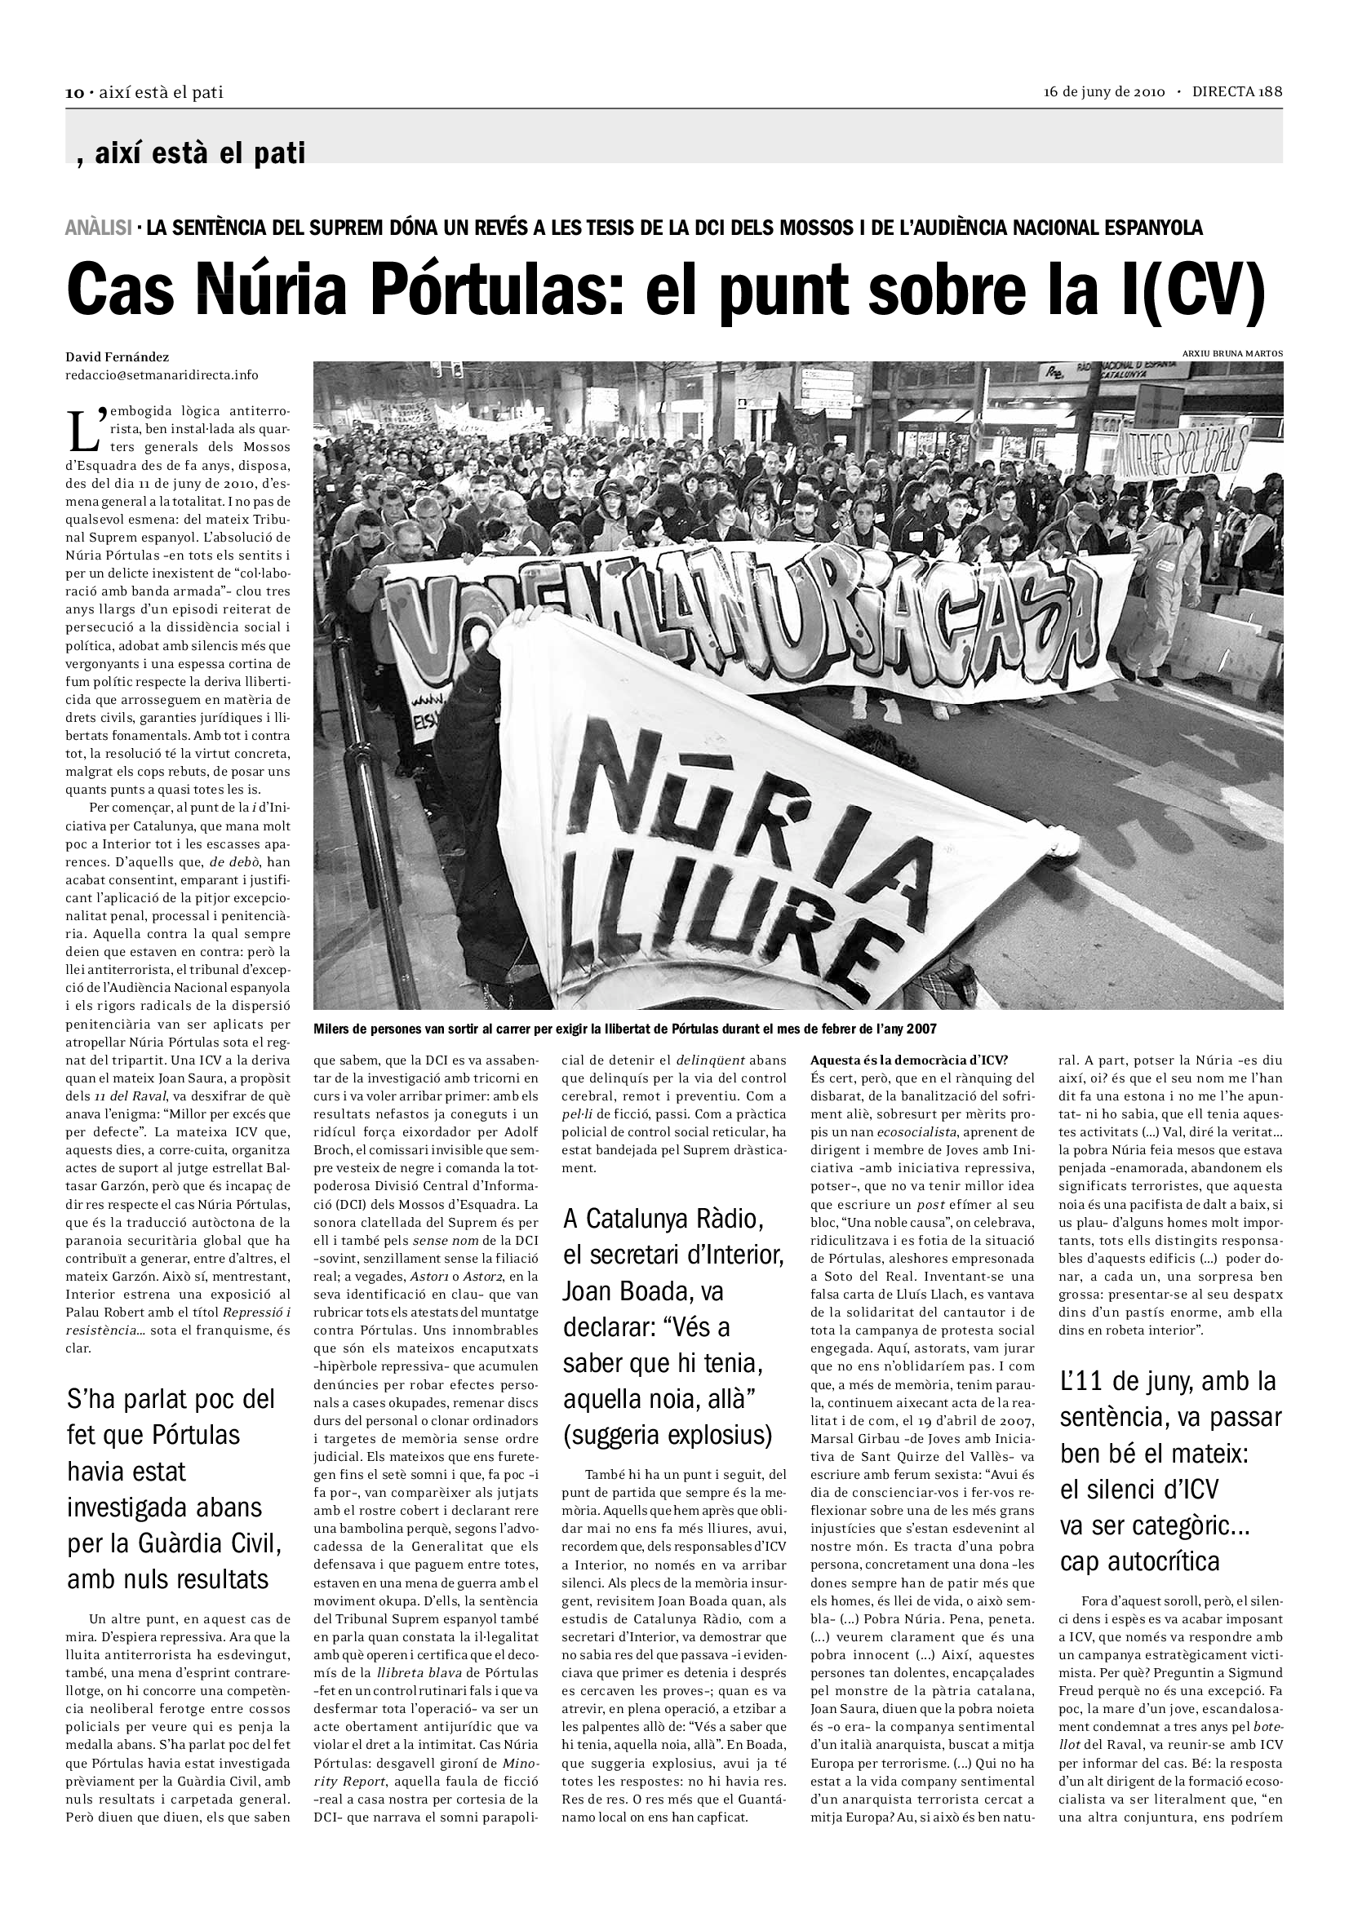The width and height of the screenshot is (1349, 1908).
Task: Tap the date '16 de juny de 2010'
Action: [1105, 92]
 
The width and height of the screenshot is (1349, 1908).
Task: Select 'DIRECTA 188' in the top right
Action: [1237, 92]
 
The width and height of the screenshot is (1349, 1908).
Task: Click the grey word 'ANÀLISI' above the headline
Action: [98, 228]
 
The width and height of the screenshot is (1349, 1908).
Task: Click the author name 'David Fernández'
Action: [118, 357]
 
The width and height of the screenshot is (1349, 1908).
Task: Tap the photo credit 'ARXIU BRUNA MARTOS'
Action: [1231, 353]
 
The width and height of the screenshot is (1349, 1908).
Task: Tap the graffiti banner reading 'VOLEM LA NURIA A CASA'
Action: [748, 619]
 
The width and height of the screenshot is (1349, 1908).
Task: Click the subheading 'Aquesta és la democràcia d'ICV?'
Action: [908, 1060]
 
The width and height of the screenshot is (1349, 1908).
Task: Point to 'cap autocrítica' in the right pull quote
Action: [1139, 1561]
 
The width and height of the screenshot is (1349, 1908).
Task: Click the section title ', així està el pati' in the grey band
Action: [190, 153]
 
